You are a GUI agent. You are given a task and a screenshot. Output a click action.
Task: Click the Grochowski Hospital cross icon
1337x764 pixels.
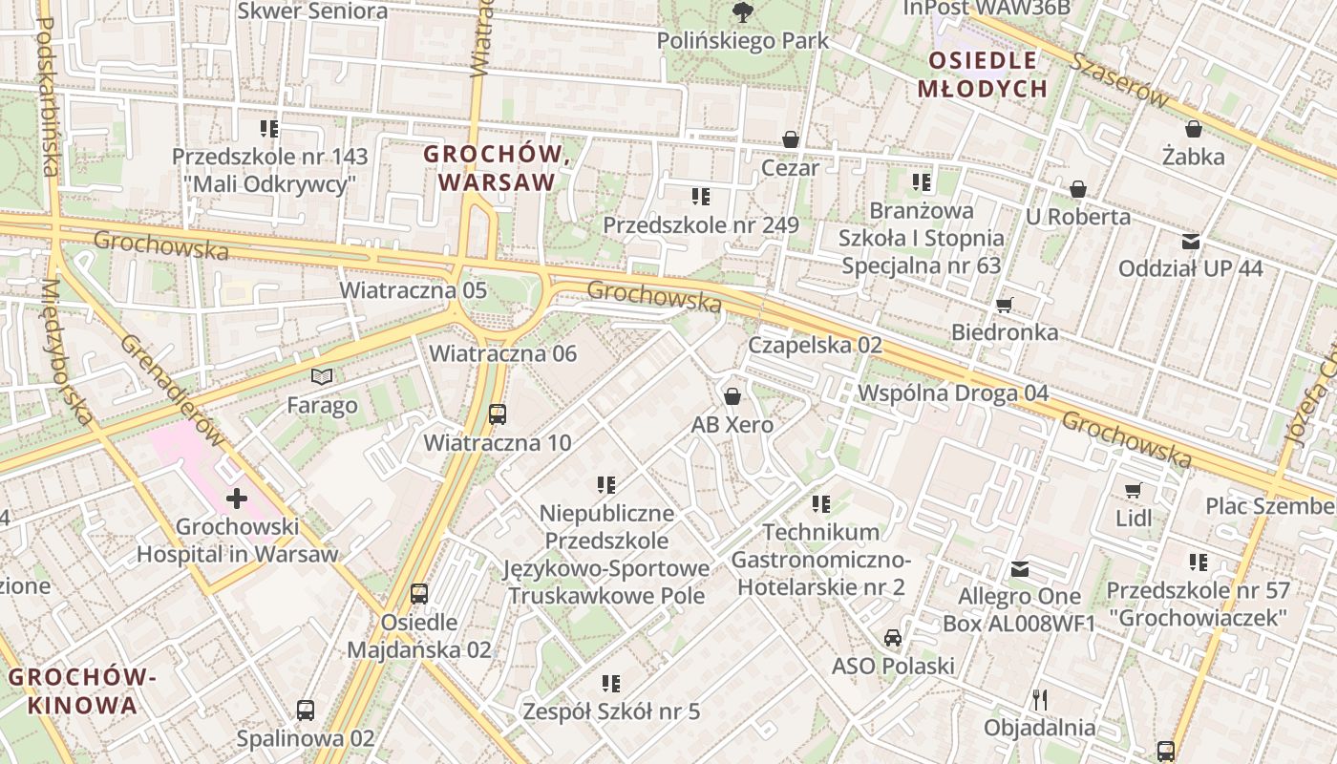click(x=236, y=498)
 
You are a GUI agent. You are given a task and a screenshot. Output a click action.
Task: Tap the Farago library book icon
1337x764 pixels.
click(x=323, y=377)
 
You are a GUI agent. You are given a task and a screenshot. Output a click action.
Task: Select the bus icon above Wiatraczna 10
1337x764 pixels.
click(x=497, y=414)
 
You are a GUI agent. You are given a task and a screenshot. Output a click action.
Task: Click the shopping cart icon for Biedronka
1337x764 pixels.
click(x=1004, y=305)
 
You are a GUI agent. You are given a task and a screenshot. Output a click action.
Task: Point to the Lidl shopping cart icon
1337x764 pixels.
click(x=1134, y=490)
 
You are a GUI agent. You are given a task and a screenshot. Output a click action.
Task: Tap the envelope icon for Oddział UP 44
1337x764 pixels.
click(x=1190, y=241)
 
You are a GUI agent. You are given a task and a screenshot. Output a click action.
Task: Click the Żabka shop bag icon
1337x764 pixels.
click(x=1193, y=128)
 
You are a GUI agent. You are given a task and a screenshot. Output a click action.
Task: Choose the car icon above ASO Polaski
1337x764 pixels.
click(x=892, y=637)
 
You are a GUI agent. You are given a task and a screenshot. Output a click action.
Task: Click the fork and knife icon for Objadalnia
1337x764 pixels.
click(x=1039, y=700)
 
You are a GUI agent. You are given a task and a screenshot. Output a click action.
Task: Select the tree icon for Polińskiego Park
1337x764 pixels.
click(x=742, y=12)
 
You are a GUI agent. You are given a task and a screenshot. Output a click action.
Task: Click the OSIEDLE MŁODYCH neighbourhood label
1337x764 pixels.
click(x=983, y=74)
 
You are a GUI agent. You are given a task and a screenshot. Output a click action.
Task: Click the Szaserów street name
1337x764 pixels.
click(x=1118, y=79)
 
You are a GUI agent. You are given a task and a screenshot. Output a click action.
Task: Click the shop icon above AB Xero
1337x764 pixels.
click(x=732, y=396)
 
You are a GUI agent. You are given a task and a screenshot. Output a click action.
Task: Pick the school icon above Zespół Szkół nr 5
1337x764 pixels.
click(x=611, y=683)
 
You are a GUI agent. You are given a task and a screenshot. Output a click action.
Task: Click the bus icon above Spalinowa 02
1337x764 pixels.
click(x=305, y=710)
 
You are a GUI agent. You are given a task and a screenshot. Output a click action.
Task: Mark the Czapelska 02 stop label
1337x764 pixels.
click(x=814, y=345)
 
